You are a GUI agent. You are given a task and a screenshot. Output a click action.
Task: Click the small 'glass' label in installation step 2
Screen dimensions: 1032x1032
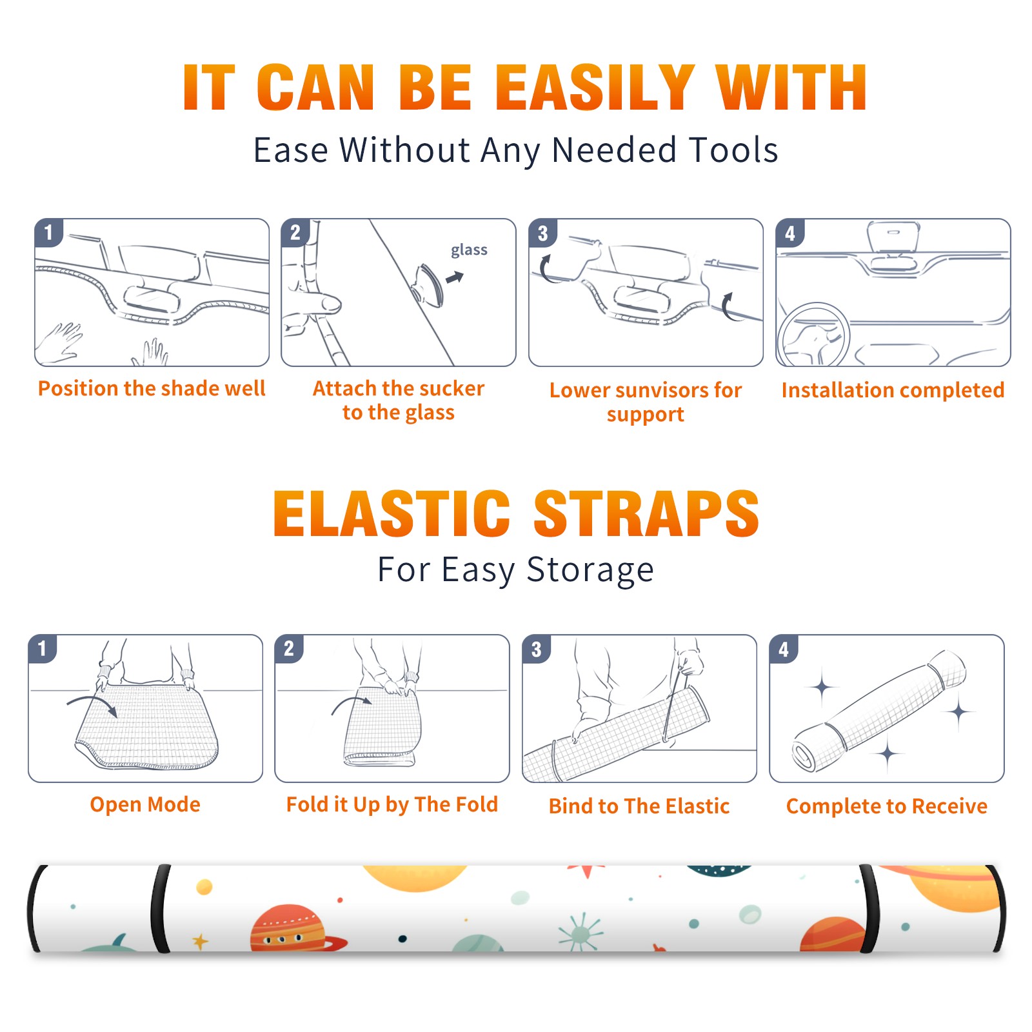(x=469, y=250)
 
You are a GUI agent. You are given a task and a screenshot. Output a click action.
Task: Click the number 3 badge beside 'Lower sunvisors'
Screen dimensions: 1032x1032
(x=542, y=233)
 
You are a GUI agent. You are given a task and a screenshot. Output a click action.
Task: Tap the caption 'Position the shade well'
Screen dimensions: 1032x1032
(x=152, y=388)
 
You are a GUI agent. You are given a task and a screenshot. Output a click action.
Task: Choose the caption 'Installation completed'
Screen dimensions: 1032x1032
(x=893, y=390)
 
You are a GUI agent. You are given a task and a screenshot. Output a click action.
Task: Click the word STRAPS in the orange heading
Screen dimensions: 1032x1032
(x=646, y=513)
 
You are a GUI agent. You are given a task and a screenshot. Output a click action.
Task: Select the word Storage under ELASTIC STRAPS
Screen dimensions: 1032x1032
(x=590, y=570)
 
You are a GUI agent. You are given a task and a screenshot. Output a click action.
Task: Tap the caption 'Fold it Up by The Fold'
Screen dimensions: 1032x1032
(x=392, y=805)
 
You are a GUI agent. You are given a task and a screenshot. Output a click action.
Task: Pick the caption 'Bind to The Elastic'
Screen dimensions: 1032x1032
(x=639, y=806)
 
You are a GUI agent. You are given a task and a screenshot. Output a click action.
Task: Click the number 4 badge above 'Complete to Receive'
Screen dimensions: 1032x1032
(x=784, y=649)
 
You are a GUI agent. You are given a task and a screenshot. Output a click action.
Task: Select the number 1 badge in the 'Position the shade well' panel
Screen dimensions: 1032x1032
(x=49, y=232)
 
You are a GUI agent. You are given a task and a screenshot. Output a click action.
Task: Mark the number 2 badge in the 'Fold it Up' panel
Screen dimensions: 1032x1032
(x=289, y=649)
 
